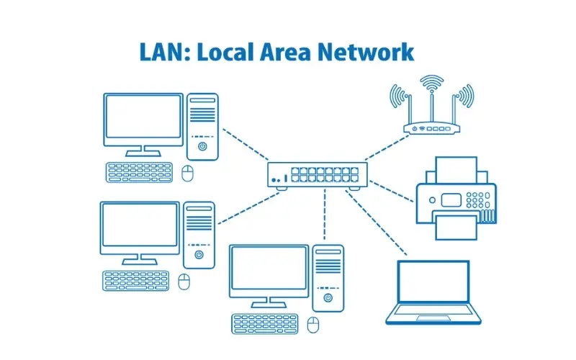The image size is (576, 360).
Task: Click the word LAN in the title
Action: (156, 53)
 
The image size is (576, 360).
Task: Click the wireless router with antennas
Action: (431, 128)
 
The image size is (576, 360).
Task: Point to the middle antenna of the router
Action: (431, 101)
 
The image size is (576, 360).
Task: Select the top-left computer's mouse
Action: (189, 173)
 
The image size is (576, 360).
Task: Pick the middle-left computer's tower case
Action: (199, 234)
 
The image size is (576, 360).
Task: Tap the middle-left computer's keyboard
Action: (135, 280)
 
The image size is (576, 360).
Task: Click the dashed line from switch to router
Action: (379, 149)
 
